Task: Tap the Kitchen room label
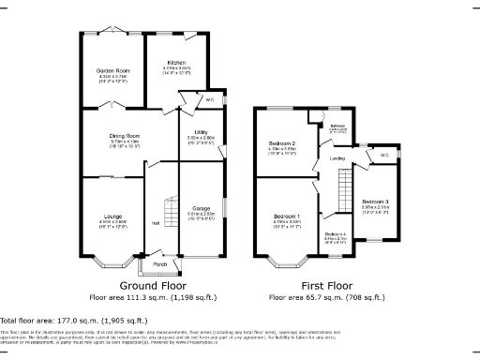pos(176,63)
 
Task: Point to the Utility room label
pos(201,132)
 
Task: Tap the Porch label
pos(160,263)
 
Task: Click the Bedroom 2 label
pos(282,143)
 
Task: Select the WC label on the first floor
pos(384,155)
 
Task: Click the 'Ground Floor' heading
pos(152,285)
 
